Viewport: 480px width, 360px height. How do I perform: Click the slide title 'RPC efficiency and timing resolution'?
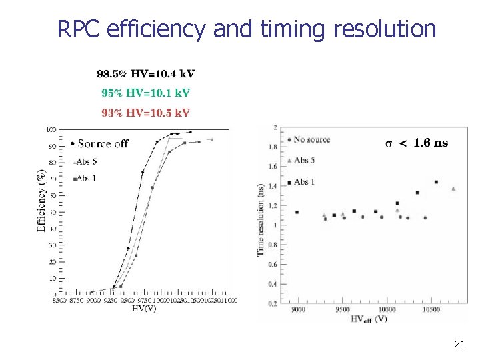pos(247,29)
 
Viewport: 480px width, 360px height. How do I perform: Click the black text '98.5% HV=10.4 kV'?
pos(146,74)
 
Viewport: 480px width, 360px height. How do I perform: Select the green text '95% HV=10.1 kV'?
pos(146,93)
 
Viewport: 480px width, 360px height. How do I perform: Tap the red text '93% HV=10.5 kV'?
pos(146,112)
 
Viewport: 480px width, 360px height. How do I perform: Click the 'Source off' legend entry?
pos(99,143)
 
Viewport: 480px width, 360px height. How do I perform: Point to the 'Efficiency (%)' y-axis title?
pos(41,200)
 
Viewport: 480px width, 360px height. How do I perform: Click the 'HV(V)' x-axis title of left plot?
pos(144,309)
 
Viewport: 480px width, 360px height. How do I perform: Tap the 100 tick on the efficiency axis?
pos(51,129)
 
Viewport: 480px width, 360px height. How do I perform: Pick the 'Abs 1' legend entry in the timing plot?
pos(303,181)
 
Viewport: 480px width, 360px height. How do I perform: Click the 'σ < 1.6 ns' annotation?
pos(417,143)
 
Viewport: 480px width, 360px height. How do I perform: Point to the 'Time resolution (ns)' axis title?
pos(261,220)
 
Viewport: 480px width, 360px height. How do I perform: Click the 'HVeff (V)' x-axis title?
pos(369,319)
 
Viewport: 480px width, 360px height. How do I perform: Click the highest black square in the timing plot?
pos(436,181)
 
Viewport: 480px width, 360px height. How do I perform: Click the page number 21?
pos(459,344)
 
